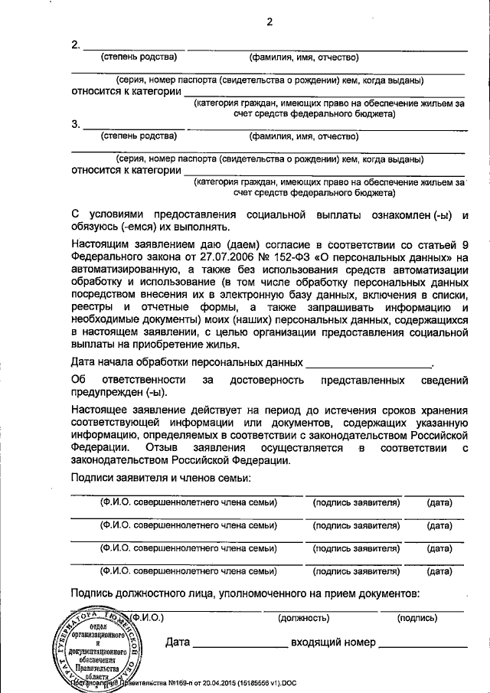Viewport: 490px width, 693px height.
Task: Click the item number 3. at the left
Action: [x=75, y=124]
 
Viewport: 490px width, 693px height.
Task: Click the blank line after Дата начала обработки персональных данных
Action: [x=368, y=363]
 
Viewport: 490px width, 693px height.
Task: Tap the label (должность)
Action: [x=303, y=617]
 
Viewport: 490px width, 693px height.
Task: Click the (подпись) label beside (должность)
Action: [x=416, y=617]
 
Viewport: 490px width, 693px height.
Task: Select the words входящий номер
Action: [x=334, y=642]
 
